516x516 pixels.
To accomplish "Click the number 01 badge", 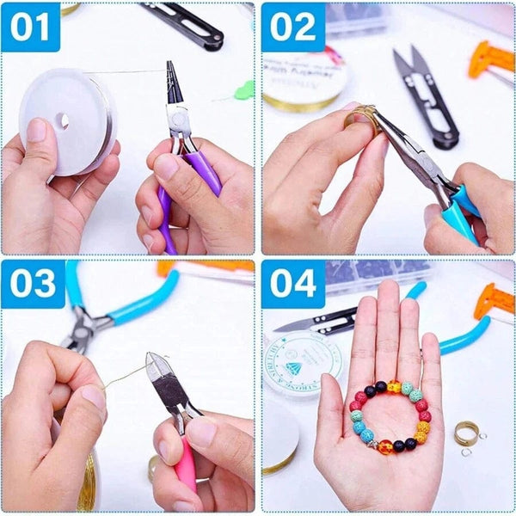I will [31, 28].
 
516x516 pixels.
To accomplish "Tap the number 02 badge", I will [293, 28].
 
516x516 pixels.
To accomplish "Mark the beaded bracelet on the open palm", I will [388, 417].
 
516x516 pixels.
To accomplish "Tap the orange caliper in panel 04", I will [495, 301].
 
